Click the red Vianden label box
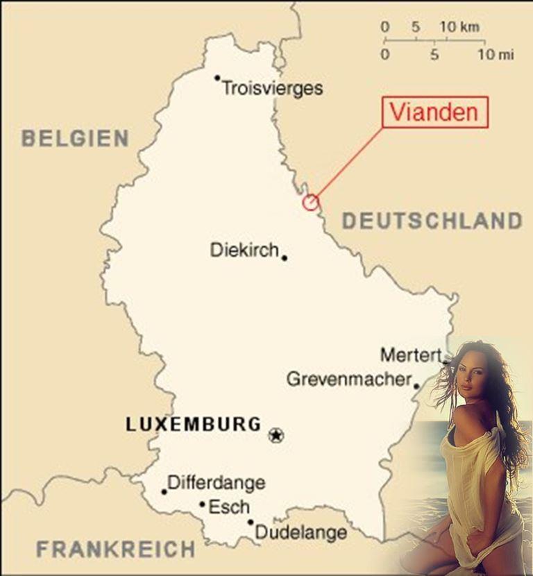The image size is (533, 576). [x=435, y=112]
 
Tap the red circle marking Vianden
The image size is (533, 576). [x=310, y=202]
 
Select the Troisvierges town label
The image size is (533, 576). [x=272, y=89]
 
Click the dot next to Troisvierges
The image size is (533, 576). [x=217, y=78]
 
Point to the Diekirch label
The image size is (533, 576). [x=244, y=250]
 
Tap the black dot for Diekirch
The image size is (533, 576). [x=285, y=257]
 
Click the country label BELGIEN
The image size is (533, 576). [x=75, y=138]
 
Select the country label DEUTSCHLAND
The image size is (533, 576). [x=432, y=221]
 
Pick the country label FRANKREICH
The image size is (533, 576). [x=116, y=550]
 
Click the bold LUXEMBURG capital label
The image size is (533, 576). [x=194, y=425]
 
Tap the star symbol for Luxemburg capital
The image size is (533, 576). [x=276, y=436]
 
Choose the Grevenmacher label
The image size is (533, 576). [x=348, y=380]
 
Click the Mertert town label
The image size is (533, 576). [x=411, y=355]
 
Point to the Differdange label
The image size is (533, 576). [x=216, y=482]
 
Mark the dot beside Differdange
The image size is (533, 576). [x=164, y=491]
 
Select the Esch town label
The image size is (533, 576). [x=228, y=507]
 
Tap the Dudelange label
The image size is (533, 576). [x=301, y=532]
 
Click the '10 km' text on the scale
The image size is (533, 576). [x=459, y=27]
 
